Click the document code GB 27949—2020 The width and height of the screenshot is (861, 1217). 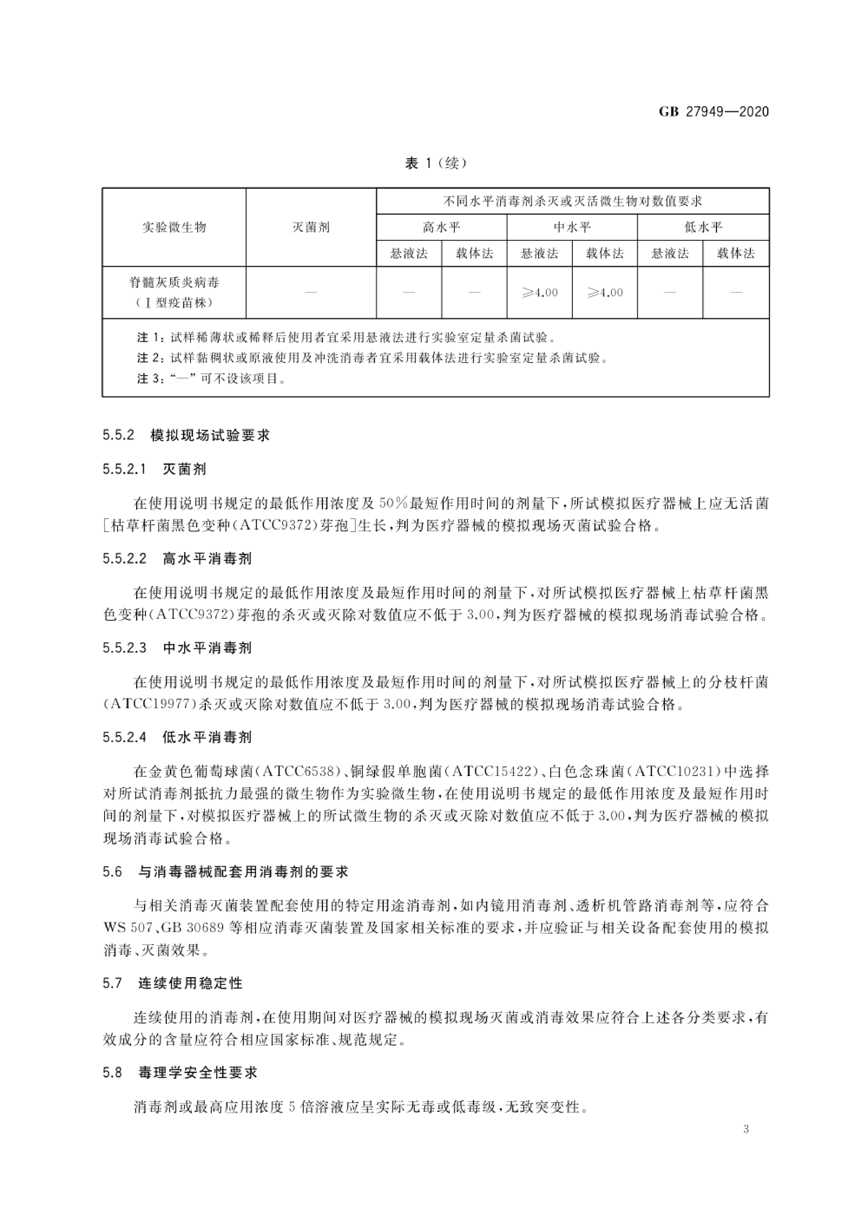(x=713, y=112)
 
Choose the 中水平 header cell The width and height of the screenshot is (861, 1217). (x=572, y=227)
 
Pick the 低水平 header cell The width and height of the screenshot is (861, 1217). (x=703, y=227)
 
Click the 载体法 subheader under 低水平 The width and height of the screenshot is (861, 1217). (x=736, y=253)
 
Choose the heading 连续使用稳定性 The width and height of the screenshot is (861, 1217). (x=190, y=983)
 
